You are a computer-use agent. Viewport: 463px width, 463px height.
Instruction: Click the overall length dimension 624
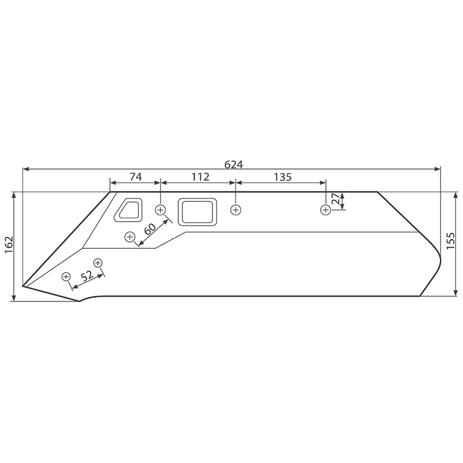pos(233,164)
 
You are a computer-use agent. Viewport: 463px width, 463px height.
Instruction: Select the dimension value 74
pos(135,177)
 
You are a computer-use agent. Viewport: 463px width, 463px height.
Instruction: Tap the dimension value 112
pos(197,177)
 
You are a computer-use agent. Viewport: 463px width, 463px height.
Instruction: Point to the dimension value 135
pos(282,177)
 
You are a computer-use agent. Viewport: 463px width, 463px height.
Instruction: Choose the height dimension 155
pos(451,240)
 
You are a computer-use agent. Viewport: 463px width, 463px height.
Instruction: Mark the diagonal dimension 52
pos(87,277)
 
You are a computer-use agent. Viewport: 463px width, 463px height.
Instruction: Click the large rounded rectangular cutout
pos(197,212)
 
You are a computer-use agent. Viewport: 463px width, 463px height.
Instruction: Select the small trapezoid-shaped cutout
pos(128,211)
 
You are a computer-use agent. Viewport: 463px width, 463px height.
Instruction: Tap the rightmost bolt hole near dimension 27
pos(325,210)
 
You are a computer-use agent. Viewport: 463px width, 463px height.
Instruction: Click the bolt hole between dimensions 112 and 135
pos(235,210)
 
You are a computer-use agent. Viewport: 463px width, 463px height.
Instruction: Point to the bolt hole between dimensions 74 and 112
pos(160,210)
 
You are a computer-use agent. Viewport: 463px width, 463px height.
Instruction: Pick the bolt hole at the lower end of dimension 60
pos(130,236)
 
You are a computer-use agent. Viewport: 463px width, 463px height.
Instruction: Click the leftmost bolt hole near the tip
pos(66,276)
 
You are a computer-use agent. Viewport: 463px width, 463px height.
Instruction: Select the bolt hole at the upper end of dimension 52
pos(98,263)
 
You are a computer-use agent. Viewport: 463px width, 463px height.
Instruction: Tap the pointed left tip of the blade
pos(23,285)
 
